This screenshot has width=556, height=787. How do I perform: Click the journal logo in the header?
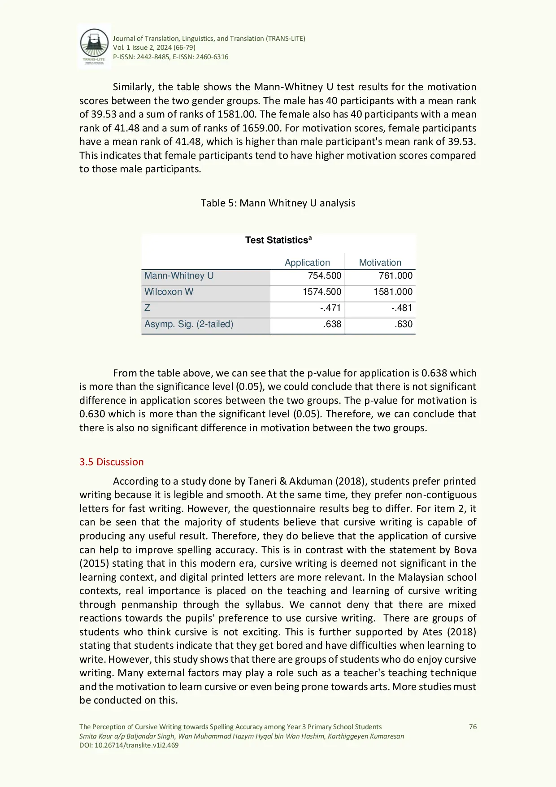[94, 46]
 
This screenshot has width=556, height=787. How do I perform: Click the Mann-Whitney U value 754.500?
[324, 275]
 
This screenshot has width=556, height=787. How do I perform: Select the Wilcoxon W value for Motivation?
[393, 292]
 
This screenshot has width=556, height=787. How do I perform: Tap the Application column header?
[307, 262]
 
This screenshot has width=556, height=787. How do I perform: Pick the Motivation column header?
[380, 262]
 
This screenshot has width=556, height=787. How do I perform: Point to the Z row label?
[147, 308]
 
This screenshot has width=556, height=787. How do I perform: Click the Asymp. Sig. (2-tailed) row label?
[188, 324]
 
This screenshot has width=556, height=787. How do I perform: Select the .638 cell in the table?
[332, 324]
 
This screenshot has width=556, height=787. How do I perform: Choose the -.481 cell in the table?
[401, 308]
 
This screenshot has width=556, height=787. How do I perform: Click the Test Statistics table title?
[278, 240]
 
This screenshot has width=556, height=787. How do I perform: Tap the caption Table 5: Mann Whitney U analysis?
[278, 203]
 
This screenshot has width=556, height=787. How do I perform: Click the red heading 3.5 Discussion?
[111, 462]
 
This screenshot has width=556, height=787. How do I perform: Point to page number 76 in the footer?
[473, 726]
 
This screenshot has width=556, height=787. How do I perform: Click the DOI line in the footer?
[129, 745]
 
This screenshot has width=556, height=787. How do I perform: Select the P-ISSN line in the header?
[170, 57]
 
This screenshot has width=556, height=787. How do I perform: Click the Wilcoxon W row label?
[169, 292]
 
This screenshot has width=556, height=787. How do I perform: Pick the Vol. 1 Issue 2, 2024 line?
[154, 48]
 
